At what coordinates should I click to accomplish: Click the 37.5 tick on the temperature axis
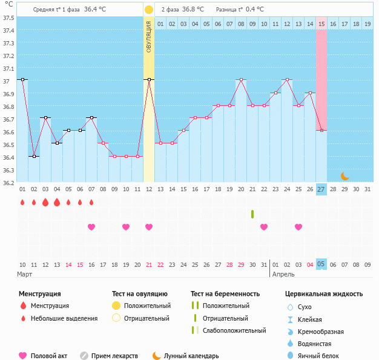(8, 18)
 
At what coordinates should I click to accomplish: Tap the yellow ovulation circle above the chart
(149, 10)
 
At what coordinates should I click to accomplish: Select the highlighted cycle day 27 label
(321, 189)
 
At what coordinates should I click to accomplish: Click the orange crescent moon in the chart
(344, 176)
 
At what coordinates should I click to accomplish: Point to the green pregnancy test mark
(252, 214)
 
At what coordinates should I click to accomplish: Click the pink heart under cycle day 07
(91, 227)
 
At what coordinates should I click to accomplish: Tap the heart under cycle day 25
(298, 227)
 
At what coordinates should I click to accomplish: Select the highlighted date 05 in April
(321, 264)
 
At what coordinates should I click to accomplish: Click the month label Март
(25, 274)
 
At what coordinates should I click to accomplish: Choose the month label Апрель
(284, 274)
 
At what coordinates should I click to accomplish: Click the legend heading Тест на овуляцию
(141, 293)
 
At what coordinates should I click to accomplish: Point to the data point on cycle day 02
(34, 156)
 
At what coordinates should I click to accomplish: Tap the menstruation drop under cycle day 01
(22, 203)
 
